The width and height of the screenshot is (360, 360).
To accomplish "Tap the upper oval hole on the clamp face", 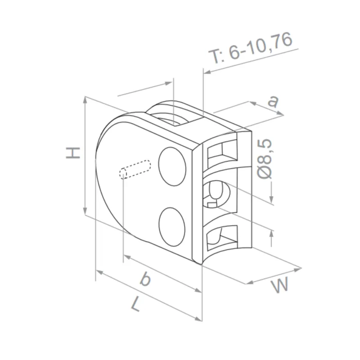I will click(173, 166).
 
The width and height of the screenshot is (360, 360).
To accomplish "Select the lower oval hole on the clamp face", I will click(173, 226).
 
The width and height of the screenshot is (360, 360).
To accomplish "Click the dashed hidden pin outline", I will click(135, 169).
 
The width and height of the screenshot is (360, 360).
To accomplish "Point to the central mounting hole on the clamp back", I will click(218, 193).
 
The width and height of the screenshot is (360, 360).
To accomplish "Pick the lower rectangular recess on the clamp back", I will click(222, 236).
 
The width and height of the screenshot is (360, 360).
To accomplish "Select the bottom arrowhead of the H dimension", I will click(85, 211).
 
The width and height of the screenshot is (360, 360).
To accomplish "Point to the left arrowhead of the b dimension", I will click(126, 257).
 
